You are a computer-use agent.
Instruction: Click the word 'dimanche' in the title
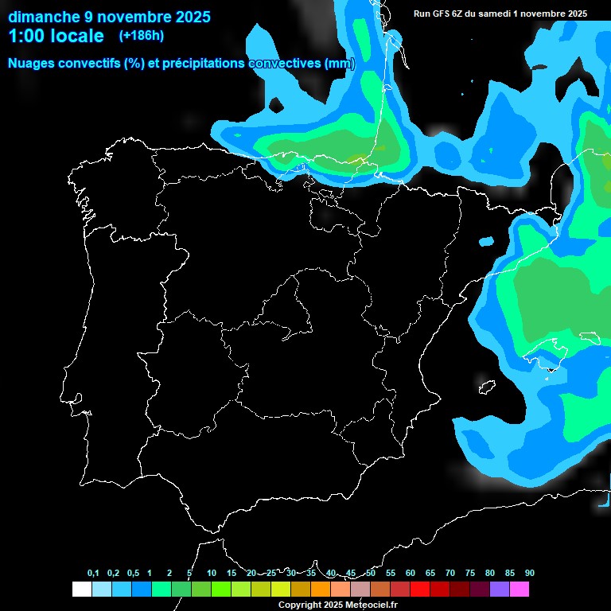click(43, 17)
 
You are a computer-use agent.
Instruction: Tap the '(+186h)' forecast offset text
click(141, 36)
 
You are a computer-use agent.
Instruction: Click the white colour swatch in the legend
click(81, 590)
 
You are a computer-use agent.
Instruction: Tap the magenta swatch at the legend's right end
click(519, 590)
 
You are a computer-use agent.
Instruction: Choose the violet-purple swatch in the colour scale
click(499, 590)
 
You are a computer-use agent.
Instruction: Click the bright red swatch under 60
click(419, 590)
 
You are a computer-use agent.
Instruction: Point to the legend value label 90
click(529, 574)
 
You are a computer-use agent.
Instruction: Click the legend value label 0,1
click(93, 574)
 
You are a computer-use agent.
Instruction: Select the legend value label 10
click(211, 574)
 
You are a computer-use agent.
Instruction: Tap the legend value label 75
click(469, 574)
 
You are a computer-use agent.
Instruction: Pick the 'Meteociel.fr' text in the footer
click(371, 605)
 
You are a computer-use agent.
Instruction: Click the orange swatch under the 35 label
click(320, 590)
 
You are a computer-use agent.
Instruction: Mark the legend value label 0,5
click(133, 574)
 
